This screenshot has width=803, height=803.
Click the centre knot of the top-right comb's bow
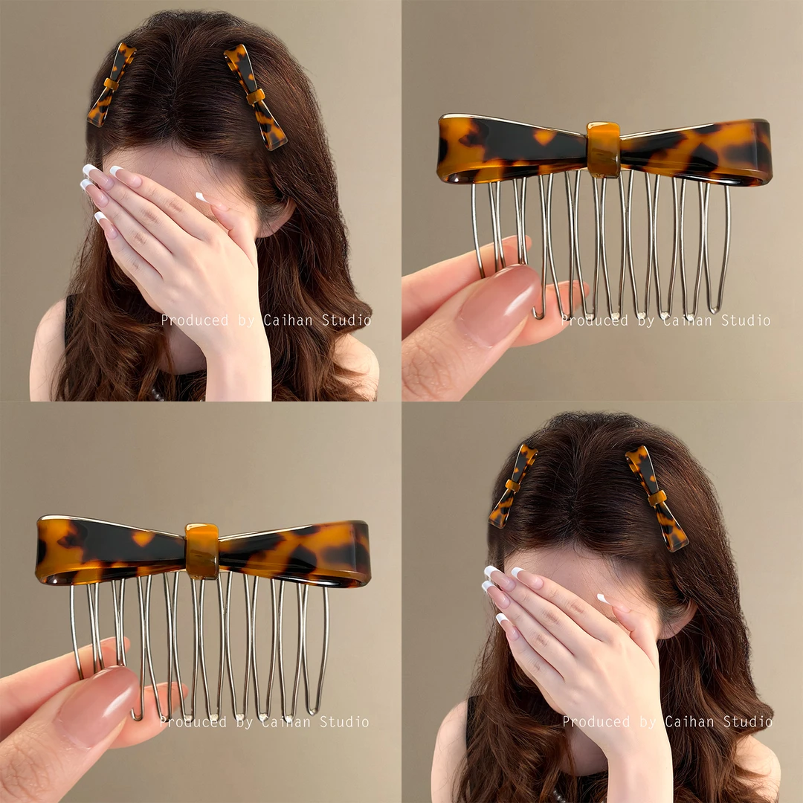tap(603, 149)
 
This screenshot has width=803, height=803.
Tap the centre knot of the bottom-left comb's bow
tap(201, 551)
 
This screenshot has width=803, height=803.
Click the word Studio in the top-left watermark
tap(346, 320)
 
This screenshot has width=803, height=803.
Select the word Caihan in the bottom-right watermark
tap(688, 722)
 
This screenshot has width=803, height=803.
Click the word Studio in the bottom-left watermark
tap(344, 722)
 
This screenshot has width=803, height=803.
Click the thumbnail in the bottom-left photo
tap(98, 703)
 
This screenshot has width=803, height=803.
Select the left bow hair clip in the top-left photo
tap(111, 85)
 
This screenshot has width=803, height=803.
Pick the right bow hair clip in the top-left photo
tap(255, 96)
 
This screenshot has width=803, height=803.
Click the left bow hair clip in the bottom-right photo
tap(512, 486)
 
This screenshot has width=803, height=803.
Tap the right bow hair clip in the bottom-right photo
tap(657, 497)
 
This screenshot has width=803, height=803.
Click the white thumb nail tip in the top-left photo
tap(201, 197)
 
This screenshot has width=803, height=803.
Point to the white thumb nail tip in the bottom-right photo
tap(602, 599)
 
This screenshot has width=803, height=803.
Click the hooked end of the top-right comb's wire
tap(538, 313)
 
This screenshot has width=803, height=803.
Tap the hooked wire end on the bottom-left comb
tap(136, 715)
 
